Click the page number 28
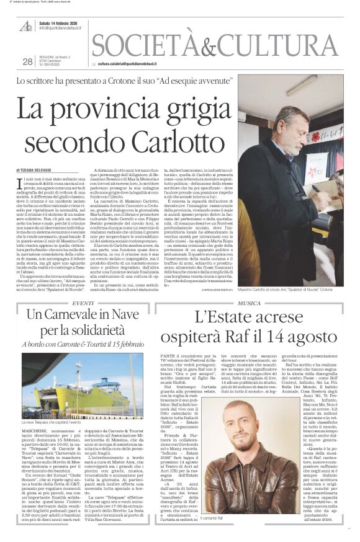pyautogui.click(x=27, y=61)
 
